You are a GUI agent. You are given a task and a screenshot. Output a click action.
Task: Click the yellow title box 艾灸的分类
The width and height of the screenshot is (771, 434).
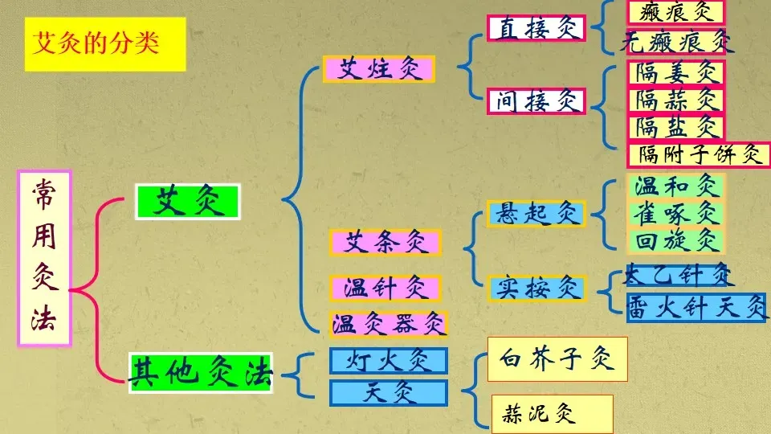(105, 43)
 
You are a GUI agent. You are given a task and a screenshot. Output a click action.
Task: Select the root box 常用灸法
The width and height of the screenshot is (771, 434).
(44, 258)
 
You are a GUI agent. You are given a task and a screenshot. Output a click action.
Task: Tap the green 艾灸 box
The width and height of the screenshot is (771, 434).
(189, 202)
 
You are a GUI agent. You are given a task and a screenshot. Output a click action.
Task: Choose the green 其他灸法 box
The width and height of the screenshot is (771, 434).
(201, 373)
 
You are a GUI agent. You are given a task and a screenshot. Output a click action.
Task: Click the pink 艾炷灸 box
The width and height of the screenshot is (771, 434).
(378, 68)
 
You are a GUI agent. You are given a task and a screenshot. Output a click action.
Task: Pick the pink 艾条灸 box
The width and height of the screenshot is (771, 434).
(385, 242)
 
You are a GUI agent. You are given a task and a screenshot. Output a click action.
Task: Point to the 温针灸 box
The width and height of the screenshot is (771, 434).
(385, 287)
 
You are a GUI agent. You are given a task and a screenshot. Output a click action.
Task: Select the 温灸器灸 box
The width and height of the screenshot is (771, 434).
(389, 324)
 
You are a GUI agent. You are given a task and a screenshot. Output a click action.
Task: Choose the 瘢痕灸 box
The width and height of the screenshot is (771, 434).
(675, 12)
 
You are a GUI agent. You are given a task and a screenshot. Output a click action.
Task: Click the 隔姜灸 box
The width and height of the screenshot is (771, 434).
(675, 73)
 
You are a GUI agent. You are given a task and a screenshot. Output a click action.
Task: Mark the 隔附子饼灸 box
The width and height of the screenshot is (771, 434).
(699, 154)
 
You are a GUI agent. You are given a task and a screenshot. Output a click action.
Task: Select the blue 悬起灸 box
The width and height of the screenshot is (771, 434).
(536, 213)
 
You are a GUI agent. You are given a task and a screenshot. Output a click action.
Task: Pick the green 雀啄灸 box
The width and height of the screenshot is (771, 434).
(675, 214)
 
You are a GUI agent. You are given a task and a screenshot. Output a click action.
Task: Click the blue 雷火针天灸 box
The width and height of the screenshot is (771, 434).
(696, 307)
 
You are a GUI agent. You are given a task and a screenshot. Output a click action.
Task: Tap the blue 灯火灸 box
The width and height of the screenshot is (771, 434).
(389, 361)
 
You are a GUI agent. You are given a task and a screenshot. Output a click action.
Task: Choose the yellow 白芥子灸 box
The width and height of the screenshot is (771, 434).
(557, 358)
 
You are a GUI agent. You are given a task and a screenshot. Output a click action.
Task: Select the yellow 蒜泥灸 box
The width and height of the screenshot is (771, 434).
(552, 414)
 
